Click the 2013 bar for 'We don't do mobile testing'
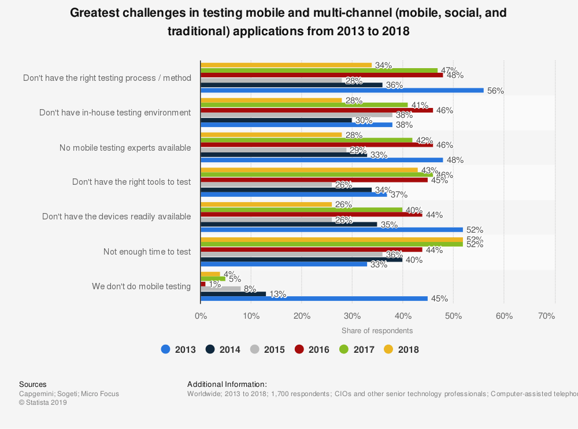point(315,299)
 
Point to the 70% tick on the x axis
point(547,316)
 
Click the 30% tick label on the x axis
point(352,316)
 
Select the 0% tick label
point(201,316)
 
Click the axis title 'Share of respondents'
point(377,330)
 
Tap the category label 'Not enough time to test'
point(147,251)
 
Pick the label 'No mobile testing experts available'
point(125,147)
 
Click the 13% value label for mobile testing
point(278,294)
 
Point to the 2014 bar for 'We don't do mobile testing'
point(233,293)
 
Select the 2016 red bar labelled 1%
point(203,283)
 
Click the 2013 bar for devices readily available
point(332,229)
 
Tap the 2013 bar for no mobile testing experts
point(321,160)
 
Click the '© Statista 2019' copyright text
point(43,402)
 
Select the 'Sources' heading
point(33,384)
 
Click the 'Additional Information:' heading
point(227,384)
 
